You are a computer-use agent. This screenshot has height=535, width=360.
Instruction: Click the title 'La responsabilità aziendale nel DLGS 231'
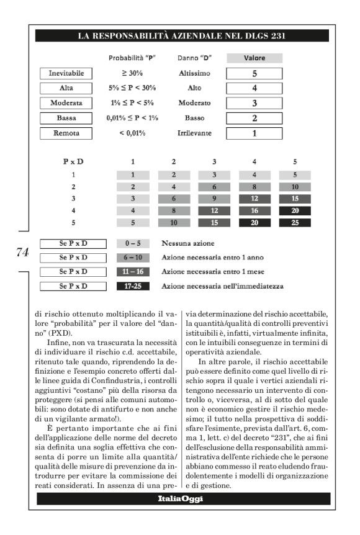point(181,36)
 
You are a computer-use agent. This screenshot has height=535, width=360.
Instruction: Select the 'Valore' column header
point(254,58)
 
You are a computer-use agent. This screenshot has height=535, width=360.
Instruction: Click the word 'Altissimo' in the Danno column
point(191,73)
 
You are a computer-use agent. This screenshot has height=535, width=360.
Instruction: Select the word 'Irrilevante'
point(191,133)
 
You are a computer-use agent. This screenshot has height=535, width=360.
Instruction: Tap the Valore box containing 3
point(254,103)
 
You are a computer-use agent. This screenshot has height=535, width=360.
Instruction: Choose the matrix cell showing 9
point(214,199)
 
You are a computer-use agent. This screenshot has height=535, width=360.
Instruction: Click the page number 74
point(22,252)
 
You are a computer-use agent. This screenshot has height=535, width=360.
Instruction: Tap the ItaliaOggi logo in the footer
point(180,498)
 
